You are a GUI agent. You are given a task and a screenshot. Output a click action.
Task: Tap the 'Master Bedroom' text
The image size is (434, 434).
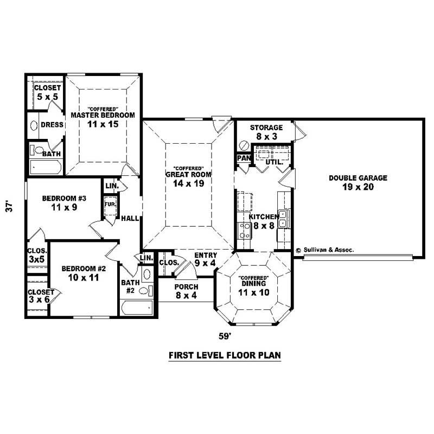pyautogui.click(x=103, y=115)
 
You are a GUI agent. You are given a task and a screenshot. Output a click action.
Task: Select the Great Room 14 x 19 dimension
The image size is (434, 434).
pyautogui.click(x=188, y=183)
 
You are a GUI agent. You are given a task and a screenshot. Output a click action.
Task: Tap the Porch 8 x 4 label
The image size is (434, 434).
pyautogui.click(x=186, y=291)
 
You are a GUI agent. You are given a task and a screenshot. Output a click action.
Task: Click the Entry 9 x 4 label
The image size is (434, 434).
pyautogui.click(x=205, y=259)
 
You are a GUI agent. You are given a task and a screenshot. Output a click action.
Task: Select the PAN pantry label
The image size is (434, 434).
pyautogui.click(x=242, y=158)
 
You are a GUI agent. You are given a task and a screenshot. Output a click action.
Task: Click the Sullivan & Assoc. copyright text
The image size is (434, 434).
pyautogui.click(x=325, y=251)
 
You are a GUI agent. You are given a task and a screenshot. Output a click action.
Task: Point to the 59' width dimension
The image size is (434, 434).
pyautogui.click(x=225, y=336)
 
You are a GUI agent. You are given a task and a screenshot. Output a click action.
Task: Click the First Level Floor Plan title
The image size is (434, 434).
pyautogui.click(x=224, y=356)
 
